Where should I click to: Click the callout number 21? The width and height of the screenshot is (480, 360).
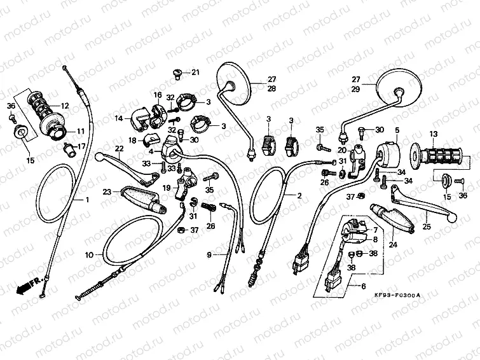[195, 72]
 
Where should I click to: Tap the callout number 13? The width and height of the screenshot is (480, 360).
[434, 134]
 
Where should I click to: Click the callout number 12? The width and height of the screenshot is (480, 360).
[65, 106]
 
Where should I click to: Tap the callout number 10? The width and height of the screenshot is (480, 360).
[90, 254]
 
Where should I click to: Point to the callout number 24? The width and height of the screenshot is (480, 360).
[392, 243]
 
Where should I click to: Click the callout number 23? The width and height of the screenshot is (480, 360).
[107, 191]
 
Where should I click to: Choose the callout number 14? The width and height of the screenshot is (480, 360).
[119, 118]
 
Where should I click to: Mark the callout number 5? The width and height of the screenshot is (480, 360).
[396, 130]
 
